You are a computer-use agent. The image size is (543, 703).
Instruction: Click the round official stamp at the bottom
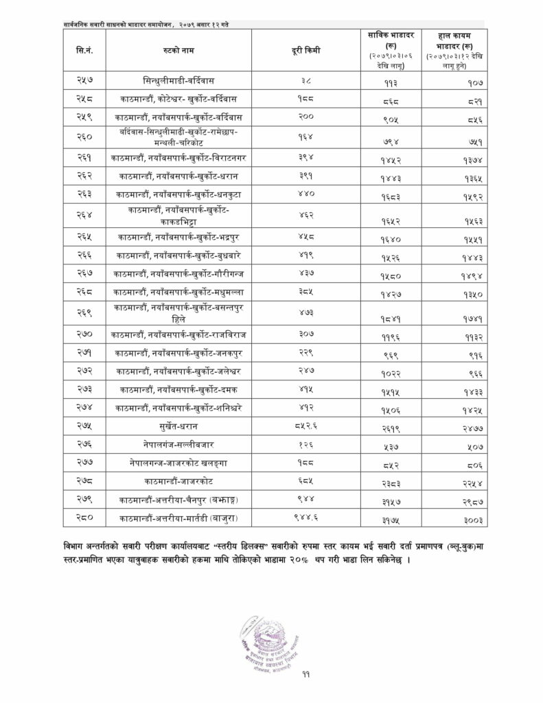click(x=273, y=642)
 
